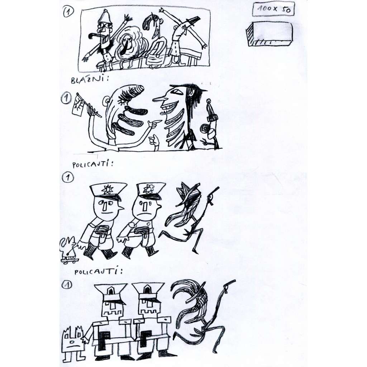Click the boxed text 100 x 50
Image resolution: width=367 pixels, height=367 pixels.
[273, 9]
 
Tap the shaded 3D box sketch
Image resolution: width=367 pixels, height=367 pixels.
[269, 33]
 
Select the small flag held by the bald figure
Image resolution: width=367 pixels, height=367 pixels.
[78, 105]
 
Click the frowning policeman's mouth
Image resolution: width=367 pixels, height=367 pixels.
[145, 214]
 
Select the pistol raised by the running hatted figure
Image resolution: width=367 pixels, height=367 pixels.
[213, 195]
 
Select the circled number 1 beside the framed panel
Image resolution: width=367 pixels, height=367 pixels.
[68, 12]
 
